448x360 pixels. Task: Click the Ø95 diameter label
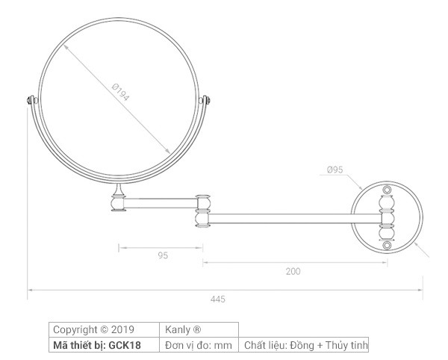click(335, 170)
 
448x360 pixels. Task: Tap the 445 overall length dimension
click(217, 299)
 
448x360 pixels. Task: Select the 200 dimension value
click(293, 271)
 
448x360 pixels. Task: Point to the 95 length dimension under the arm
click(163, 255)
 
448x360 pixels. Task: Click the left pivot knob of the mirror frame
click(30, 100)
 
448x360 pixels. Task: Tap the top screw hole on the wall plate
click(386, 191)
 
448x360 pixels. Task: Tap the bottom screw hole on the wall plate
click(386, 245)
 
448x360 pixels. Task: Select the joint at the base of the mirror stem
click(118, 202)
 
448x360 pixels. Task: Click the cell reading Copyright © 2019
click(93, 329)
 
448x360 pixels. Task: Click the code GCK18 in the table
click(125, 345)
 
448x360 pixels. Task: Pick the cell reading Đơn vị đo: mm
click(199, 345)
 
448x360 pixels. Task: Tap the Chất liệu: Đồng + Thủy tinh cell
click(305, 345)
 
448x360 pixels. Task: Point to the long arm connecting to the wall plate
click(295, 218)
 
